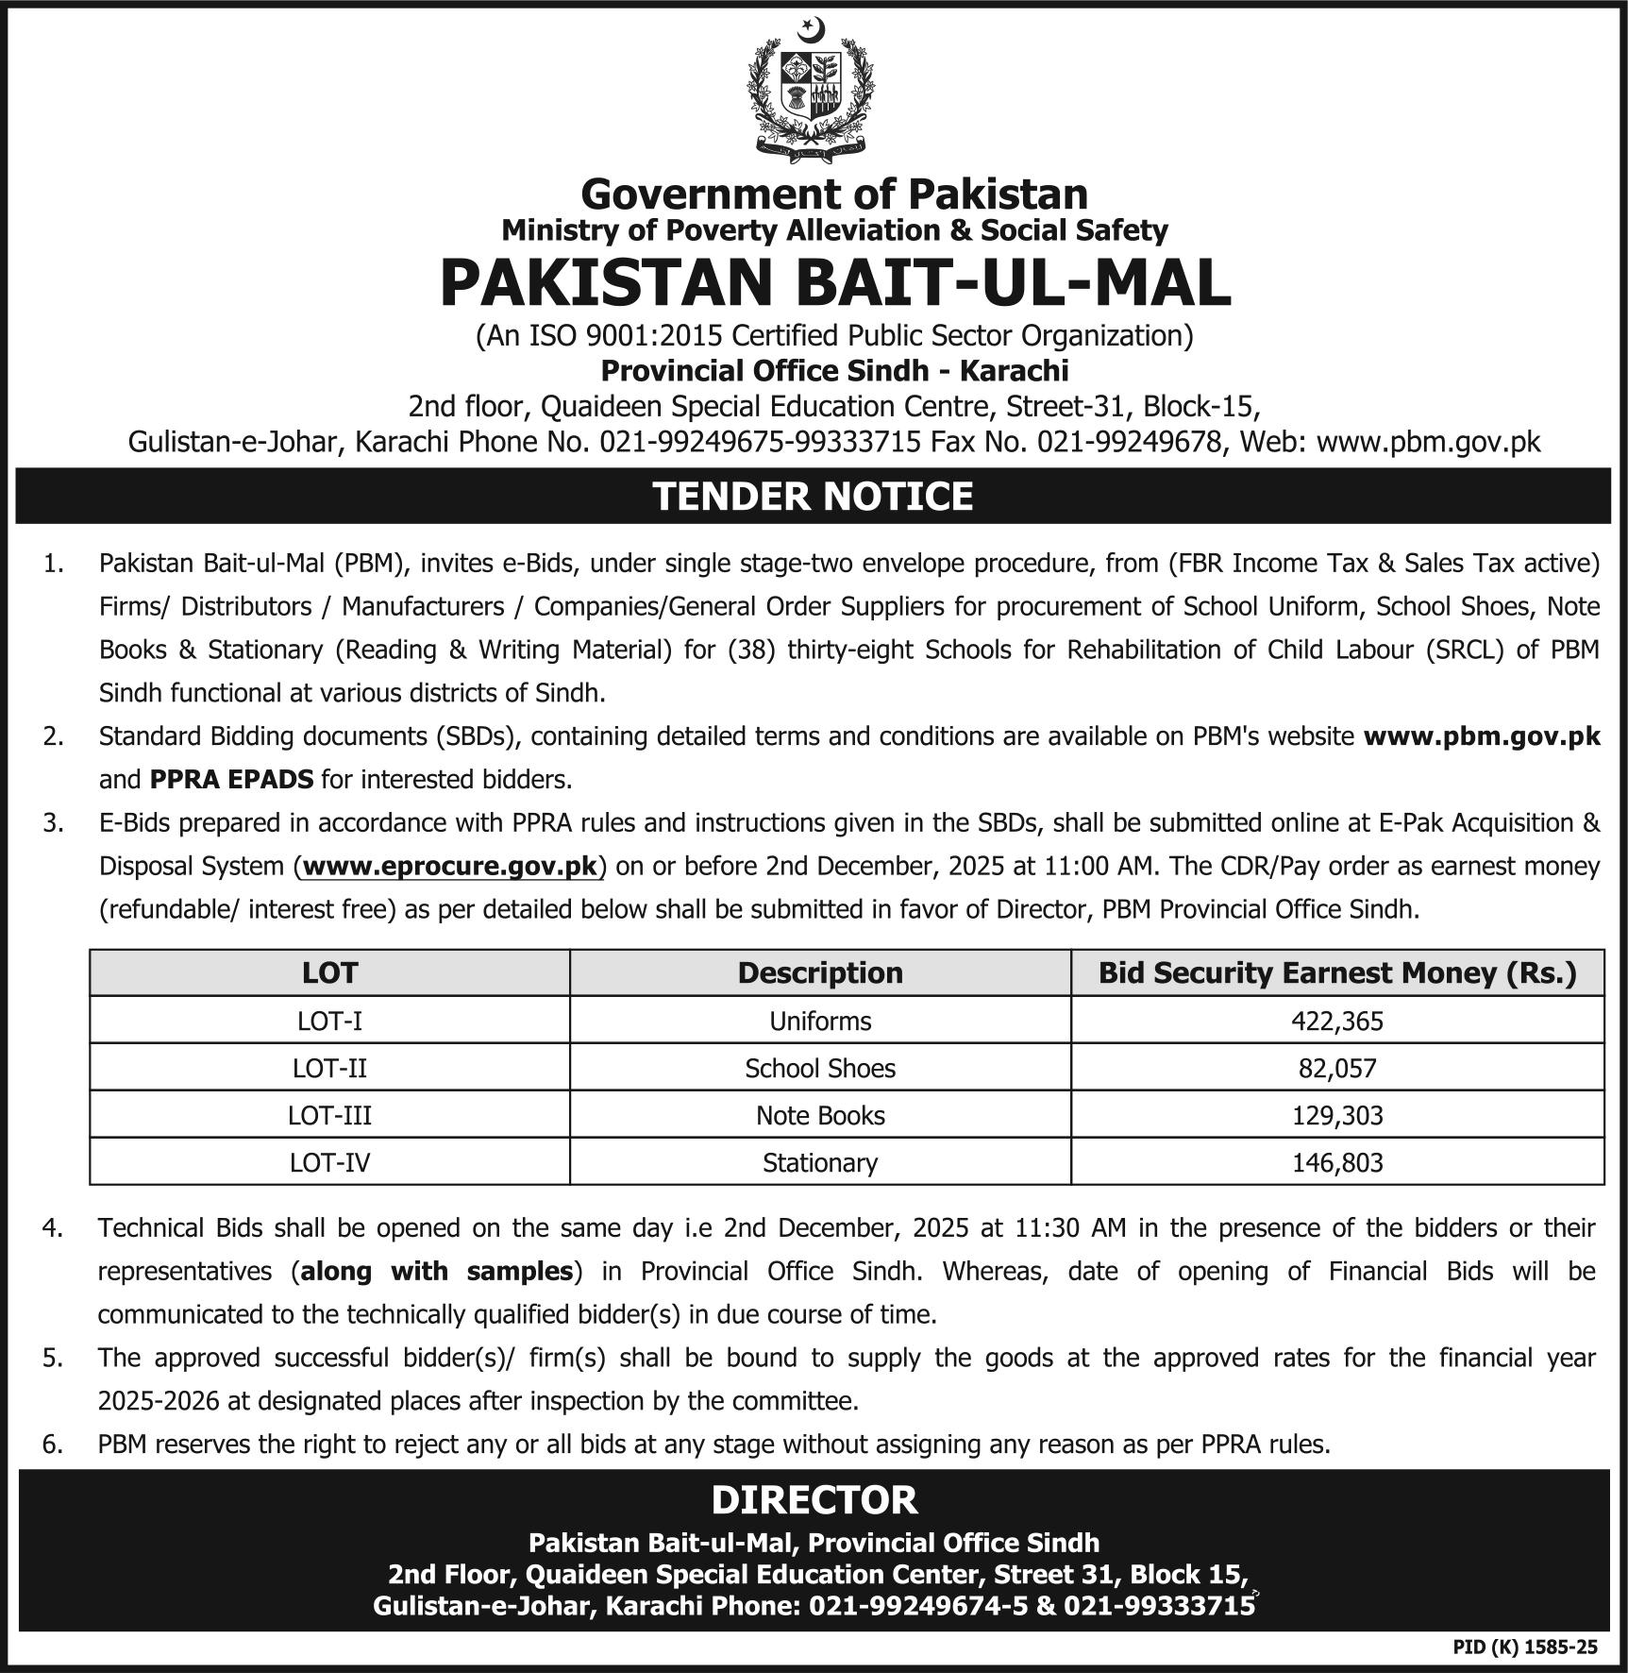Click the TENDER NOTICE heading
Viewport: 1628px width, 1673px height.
[813, 497]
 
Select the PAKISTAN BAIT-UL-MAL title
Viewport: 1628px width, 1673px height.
[835, 283]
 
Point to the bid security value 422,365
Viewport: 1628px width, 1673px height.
[1337, 1021]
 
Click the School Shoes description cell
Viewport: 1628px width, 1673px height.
[820, 1068]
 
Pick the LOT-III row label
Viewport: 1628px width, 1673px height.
[329, 1115]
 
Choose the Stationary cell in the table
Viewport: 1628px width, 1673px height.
[820, 1162]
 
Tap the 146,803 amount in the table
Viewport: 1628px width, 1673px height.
[1337, 1162]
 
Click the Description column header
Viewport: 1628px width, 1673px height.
[820, 972]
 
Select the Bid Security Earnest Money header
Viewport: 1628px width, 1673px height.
[1337, 972]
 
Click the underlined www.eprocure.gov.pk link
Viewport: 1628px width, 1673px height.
[450, 866]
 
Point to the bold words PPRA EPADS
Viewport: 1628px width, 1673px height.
[231, 780]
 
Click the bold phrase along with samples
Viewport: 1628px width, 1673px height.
[436, 1271]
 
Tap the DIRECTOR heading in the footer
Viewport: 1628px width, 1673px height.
[814, 1499]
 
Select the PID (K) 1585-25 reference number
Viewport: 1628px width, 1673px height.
[1525, 1647]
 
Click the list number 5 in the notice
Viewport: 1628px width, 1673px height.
[53, 1358]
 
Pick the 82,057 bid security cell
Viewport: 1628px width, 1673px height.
[1337, 1068]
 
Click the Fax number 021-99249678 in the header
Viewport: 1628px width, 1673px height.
[1129, 442]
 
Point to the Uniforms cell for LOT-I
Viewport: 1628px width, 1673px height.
[820, 1021]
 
